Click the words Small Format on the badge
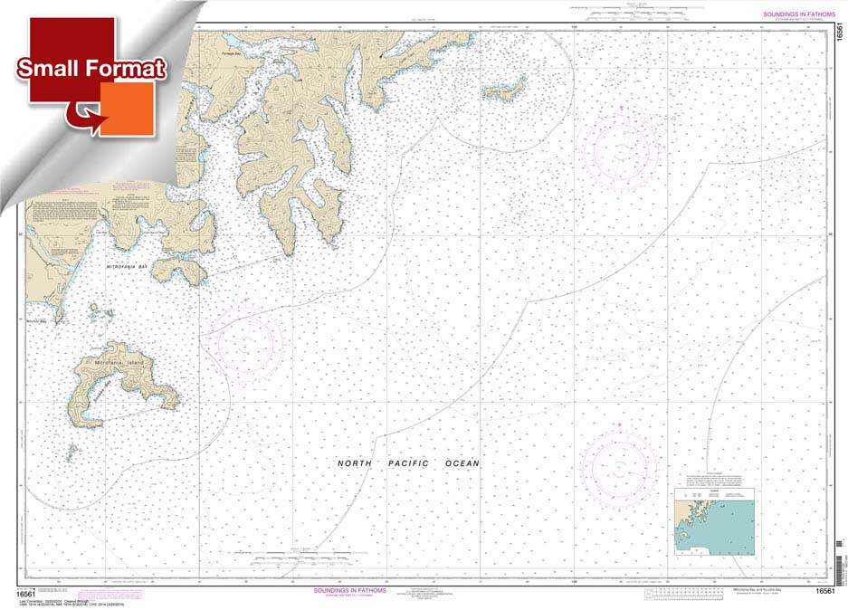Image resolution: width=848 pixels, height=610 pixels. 91,69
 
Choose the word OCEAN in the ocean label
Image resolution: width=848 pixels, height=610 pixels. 462,463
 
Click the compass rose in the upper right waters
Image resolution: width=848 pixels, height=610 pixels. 621,147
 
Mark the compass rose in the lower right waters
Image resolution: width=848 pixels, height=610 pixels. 619,467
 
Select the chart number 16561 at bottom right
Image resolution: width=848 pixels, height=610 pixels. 824,591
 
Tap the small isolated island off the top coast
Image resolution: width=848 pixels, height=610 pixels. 503,90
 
